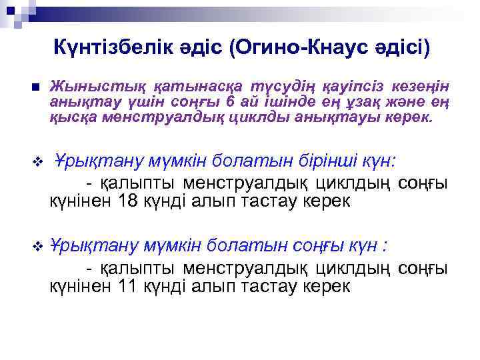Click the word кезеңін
click(x=422, y=87)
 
